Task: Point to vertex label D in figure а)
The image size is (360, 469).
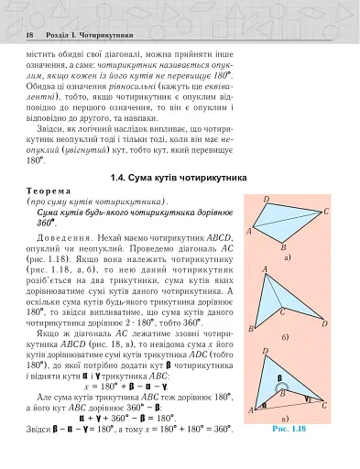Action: pyautogui.click(x=266, y=200)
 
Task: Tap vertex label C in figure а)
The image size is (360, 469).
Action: pyautogui.click(x=326, y=212)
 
